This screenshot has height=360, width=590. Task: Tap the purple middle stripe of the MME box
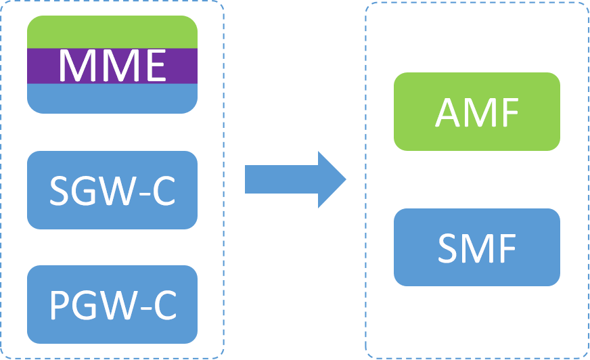click(41, 66)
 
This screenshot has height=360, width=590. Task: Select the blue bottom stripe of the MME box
click(112, 99)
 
